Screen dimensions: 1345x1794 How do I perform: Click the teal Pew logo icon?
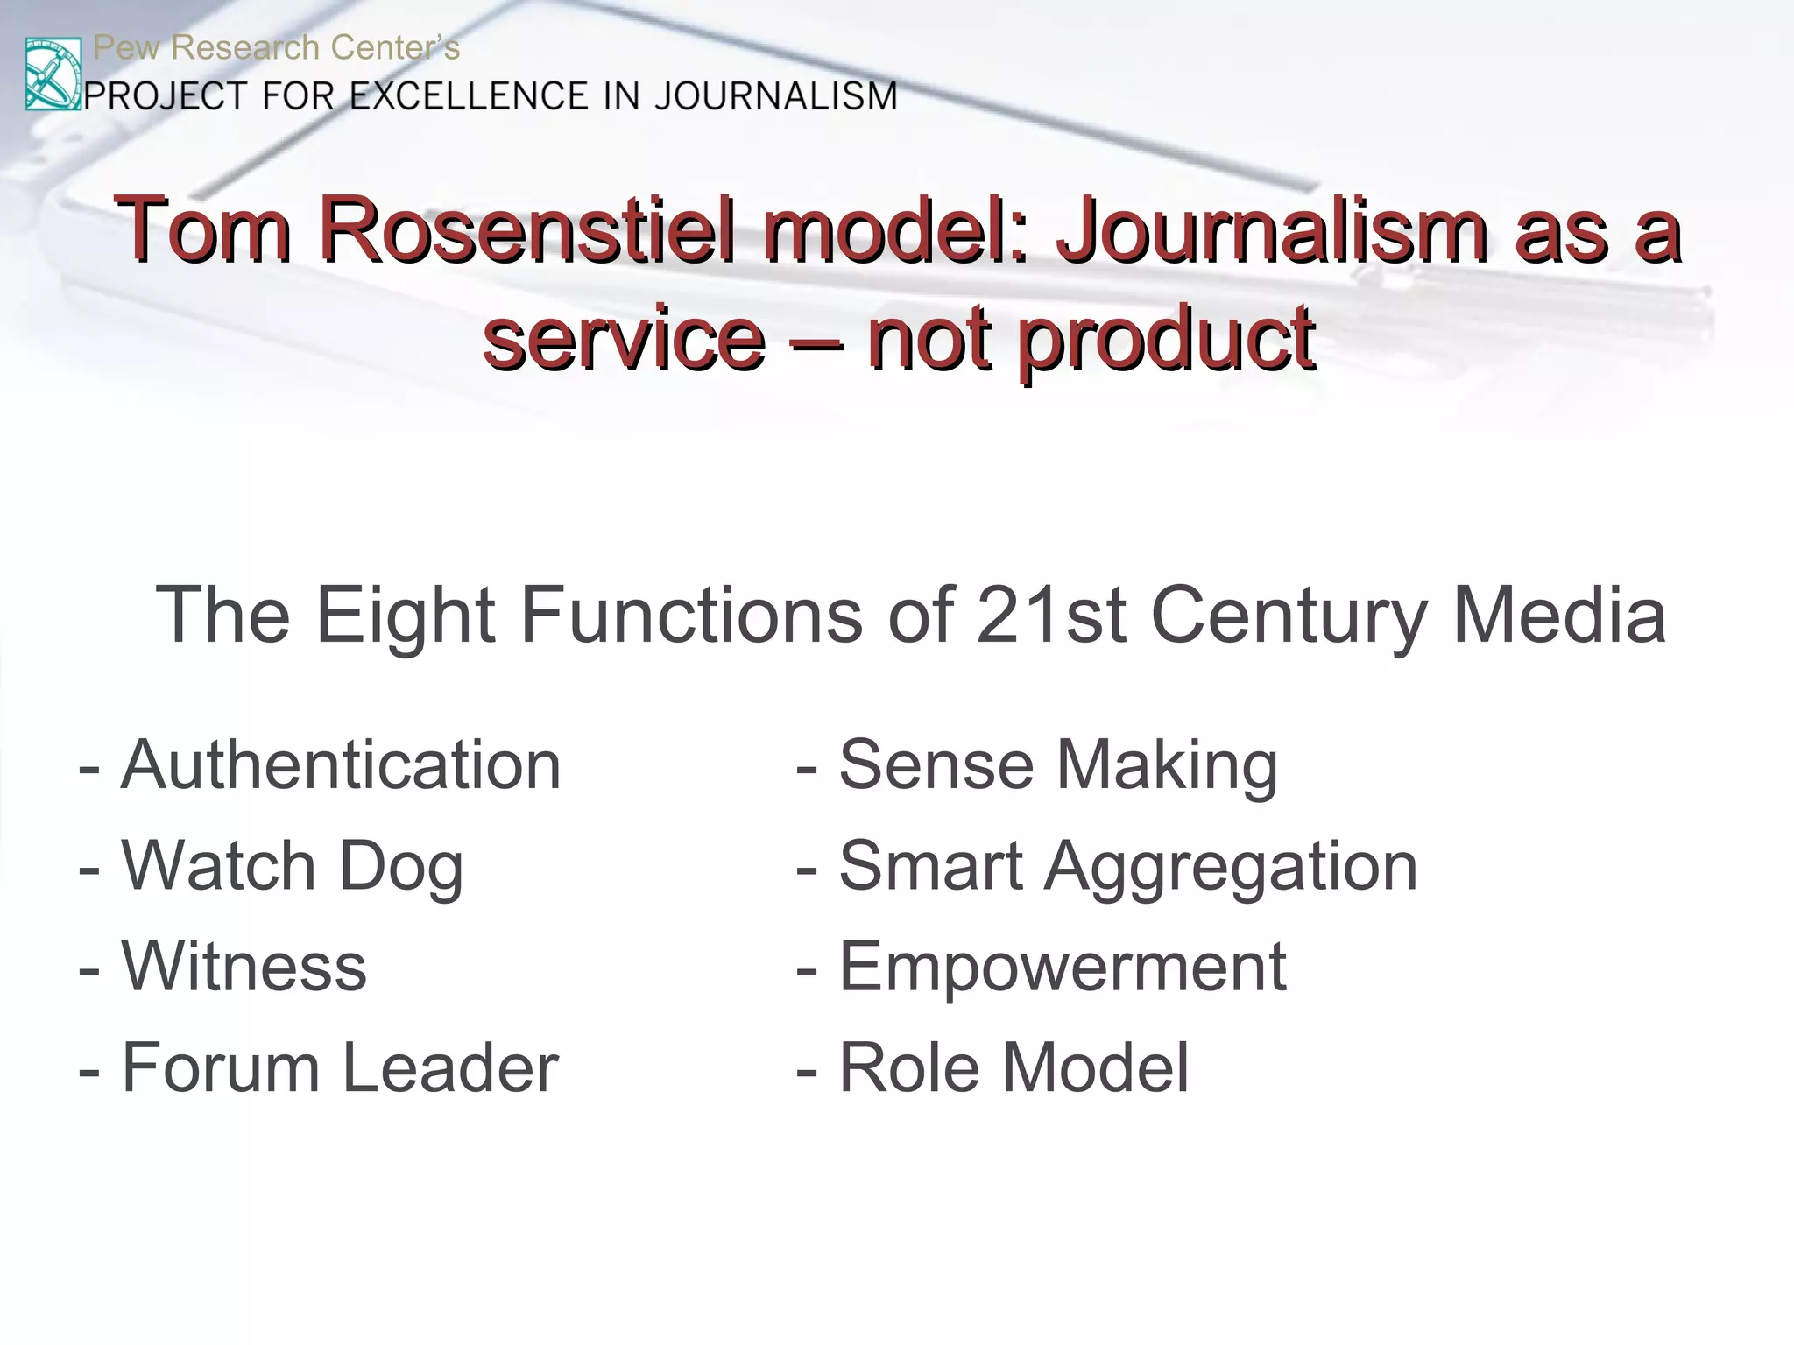53,74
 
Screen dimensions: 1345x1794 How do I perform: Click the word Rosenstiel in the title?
526,230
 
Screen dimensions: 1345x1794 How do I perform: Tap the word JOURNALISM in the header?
776,95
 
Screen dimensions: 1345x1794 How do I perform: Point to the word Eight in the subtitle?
406,616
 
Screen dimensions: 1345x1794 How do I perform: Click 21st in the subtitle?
1050,616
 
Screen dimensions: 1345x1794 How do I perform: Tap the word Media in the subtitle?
1559,616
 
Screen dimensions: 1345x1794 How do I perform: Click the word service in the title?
624,338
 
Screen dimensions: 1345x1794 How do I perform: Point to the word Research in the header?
245,47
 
